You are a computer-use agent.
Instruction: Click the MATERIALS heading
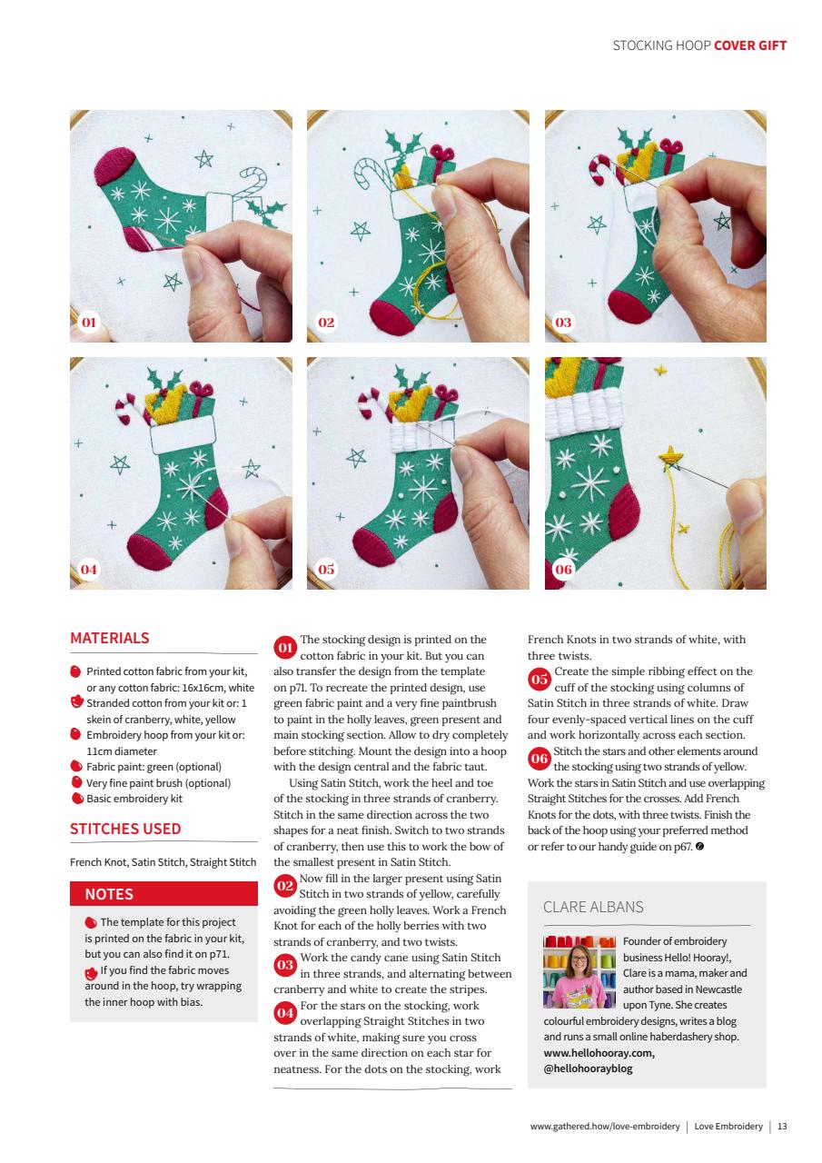coord(110,638)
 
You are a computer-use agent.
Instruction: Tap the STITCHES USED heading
coord(125,829)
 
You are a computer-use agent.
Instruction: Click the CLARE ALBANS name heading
coord(593,907)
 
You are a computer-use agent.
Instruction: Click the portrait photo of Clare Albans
coord(579,971)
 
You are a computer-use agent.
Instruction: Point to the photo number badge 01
coord(88,323)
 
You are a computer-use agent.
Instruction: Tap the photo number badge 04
coord(88,570)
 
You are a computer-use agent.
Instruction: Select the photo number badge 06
coord(563,570)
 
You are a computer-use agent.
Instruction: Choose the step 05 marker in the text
coord(540,680)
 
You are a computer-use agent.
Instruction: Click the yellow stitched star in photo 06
coord(673,453)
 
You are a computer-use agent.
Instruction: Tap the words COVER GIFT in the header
coord(750,45)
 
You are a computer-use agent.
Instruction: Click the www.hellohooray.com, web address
coord(599,1053)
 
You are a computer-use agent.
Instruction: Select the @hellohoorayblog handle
coord(588,1069)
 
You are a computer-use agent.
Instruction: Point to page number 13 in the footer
coord(782,1127)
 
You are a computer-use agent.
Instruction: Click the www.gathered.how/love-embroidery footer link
coord(604,1127)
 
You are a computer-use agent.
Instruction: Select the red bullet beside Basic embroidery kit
coord(76,799)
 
